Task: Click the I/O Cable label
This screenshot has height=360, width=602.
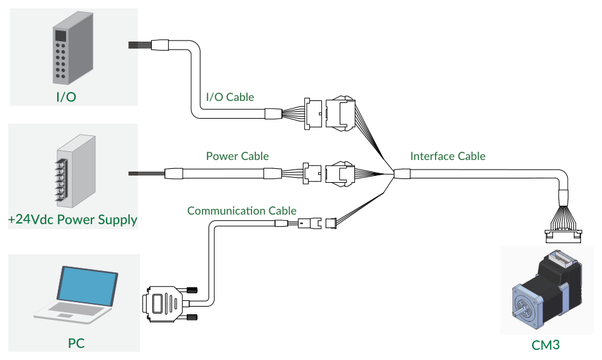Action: [230, 97]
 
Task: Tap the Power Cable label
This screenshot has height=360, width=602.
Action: [237, 156]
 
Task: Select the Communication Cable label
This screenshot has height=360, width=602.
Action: [242, 211]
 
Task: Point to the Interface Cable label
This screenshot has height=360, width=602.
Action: [448, 156]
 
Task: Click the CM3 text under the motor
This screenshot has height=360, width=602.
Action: [545, 345]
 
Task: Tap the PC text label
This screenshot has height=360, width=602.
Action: [76, 343]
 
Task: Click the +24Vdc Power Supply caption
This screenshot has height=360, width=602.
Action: [73, 220]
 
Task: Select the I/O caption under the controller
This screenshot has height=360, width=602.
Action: [66, 97]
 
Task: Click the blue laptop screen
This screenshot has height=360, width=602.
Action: [88, 286]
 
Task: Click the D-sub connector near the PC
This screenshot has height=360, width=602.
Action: [161, 304]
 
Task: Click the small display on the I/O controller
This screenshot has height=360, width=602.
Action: [61, 36]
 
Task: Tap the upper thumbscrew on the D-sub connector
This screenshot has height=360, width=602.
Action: [191, 290]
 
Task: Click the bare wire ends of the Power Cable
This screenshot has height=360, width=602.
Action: [146, 173]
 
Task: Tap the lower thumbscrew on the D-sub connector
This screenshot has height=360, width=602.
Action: [191, 317]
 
